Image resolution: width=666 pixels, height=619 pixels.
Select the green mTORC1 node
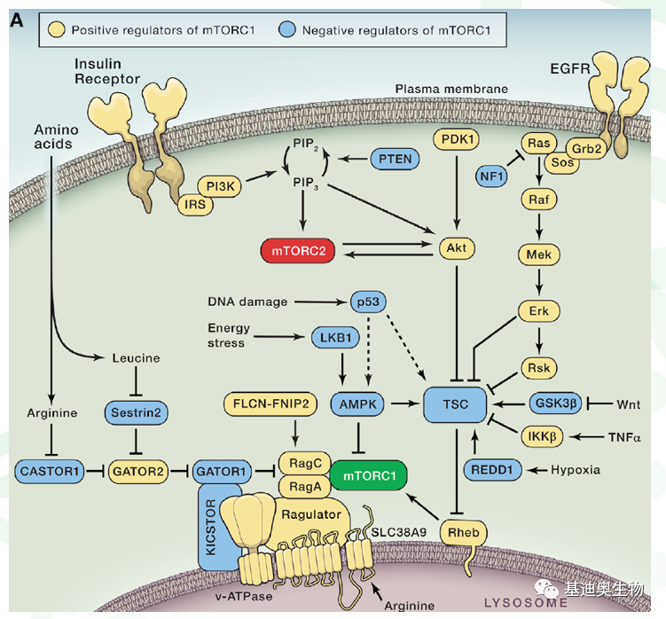pos(369,476)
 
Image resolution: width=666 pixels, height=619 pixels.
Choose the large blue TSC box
pos(454,403)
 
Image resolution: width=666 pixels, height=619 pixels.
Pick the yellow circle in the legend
pos(57,30)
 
